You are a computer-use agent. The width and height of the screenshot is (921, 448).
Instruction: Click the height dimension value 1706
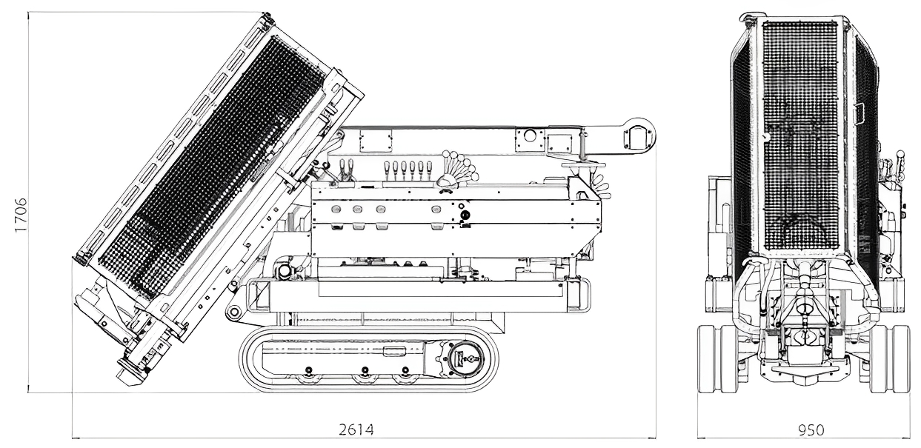[21, 215]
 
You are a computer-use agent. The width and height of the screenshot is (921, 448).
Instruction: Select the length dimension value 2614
[357, 429]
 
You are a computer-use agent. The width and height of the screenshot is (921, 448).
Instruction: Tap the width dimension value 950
[811, 430]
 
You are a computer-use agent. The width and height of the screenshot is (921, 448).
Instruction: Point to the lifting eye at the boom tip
[639, 136]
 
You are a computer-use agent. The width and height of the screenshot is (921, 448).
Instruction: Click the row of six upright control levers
[406, 170]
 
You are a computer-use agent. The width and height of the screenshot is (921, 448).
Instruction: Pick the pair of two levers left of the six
[345, 170]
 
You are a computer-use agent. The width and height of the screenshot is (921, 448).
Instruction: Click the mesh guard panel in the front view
[800, 133]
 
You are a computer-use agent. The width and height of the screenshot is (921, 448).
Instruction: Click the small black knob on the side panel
[465, 215]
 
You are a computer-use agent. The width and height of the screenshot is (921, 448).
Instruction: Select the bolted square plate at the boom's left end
[376, 139]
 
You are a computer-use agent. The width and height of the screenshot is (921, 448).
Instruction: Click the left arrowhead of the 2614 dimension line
[74, 438]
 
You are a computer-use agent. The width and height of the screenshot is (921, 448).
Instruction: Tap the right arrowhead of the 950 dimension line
[908, 438]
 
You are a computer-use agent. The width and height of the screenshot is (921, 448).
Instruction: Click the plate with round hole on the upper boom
[529, 138]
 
